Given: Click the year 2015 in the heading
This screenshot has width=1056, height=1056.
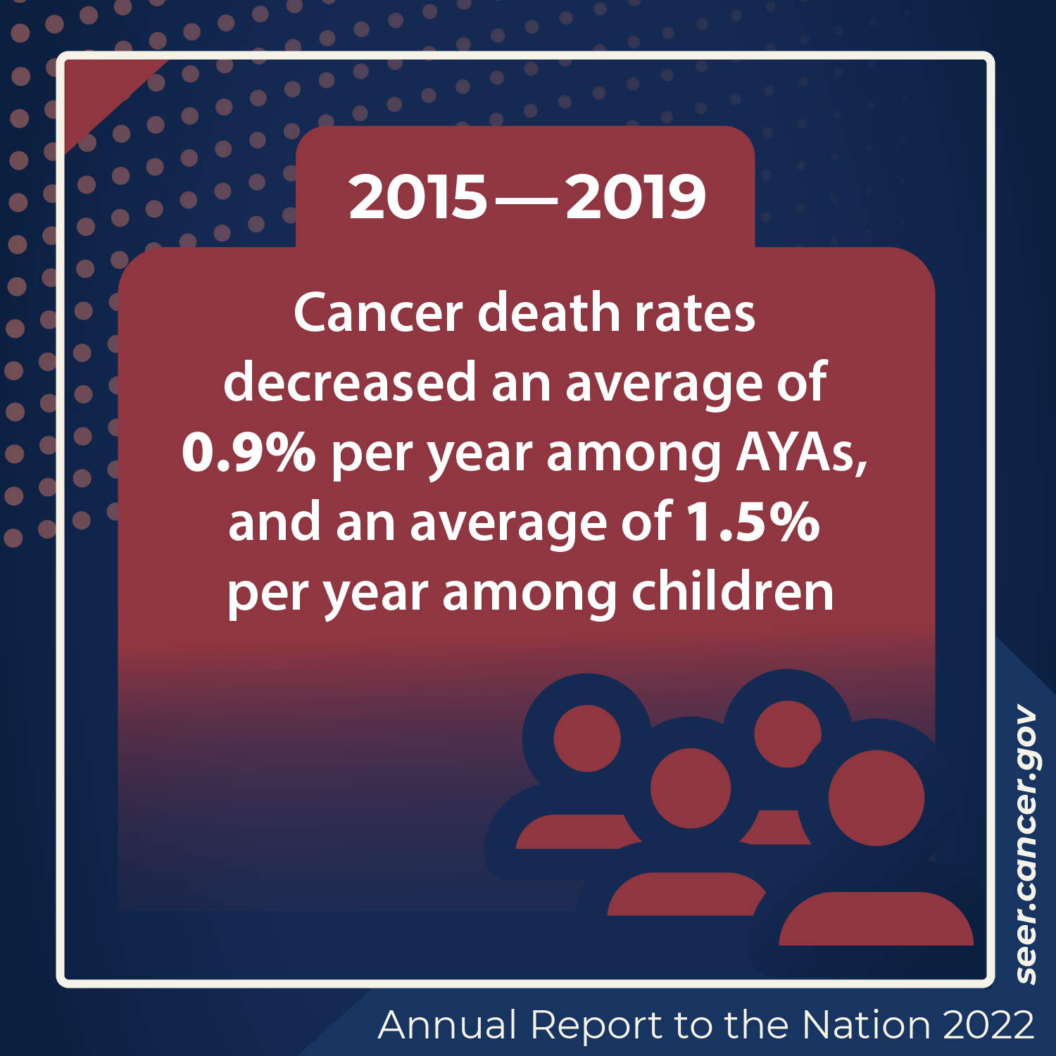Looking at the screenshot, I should pos(417,197).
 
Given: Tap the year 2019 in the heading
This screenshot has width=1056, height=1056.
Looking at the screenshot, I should pos(635,197).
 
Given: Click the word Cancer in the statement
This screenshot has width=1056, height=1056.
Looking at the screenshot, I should pos(377,313).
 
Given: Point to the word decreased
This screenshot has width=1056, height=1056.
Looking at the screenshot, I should pos(350,383).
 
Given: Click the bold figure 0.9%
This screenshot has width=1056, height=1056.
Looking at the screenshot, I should pos(249,453).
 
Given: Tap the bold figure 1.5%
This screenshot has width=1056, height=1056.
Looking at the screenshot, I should pos(753,522).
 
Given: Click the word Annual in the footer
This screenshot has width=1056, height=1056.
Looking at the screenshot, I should pos(448,1025).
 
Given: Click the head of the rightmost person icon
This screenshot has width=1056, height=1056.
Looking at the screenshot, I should pos(876,798).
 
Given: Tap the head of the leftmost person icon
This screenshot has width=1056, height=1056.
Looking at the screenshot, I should pos(587,738).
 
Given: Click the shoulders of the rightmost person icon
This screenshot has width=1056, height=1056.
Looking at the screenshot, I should pos(876,921).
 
